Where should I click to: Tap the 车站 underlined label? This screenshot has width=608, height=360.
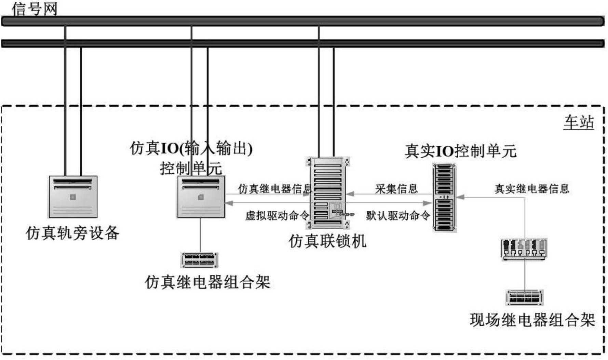pyautogui.click(x=579, y=122)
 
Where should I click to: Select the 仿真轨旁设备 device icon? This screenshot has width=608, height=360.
pyautogui.click(x=73, y=197)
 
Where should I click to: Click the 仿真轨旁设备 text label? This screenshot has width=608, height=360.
pyautogui.click(x=73, y=233)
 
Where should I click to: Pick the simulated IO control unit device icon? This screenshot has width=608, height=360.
pyautogui.click(x=201, y=197)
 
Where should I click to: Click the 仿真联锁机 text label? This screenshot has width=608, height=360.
pyautogui.click(x=327, y=241)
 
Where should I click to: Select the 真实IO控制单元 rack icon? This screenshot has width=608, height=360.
pyautogui.click(x=444, y=198)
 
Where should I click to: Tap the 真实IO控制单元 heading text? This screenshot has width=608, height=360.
pyautogui.click(x=460, y=151)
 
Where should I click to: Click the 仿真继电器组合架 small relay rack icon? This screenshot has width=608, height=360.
pyautogui.click(x=200, y=260)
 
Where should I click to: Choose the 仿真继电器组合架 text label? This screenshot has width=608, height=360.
pyautogui.click(x=207, y=282)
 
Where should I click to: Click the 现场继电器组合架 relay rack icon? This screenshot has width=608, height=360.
pyautogui.click(x=525, y=297)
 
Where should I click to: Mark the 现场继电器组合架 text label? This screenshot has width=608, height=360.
pyautogui.click(x=532, y=320)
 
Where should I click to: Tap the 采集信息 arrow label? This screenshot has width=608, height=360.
pyautogui.click(x=396, y=189)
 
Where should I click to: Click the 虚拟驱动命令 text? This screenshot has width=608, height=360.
pyautogui.click(x=277, y=215)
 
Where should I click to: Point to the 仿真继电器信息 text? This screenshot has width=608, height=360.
pyautogui.click(x=275, y=189)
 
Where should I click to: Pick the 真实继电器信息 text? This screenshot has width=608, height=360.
pyautogui.click(x=532, y=189)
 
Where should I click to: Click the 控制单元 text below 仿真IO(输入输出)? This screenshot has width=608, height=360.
pyautogui.click(x=191, y=168)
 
